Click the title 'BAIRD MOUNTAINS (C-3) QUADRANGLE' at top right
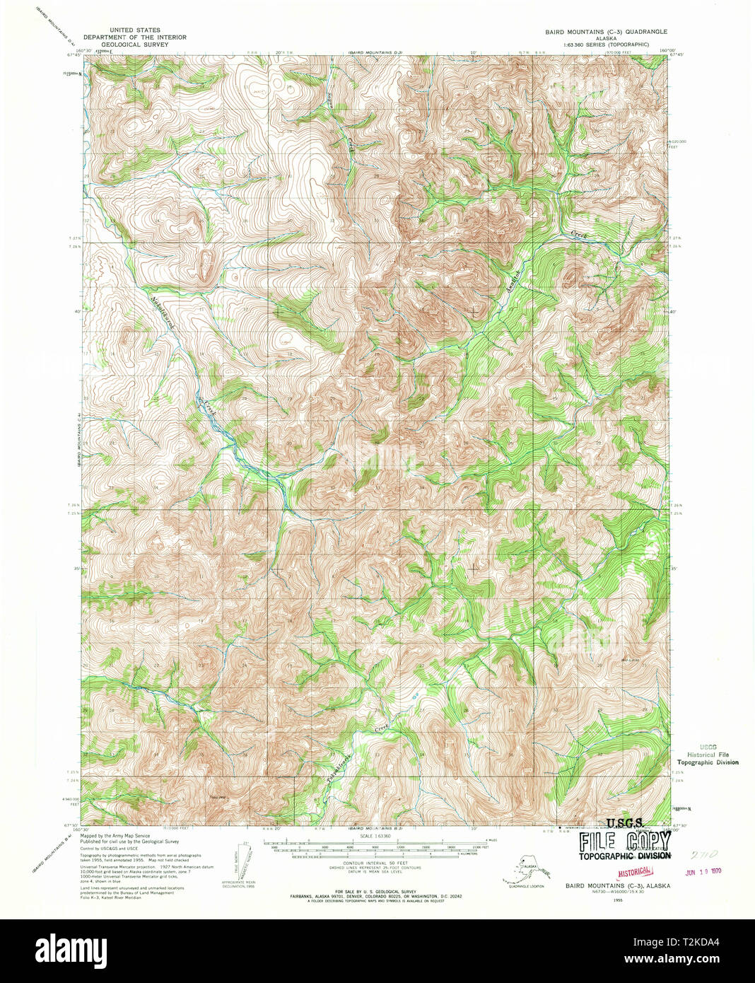pos(605,32)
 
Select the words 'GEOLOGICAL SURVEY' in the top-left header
pos(134,44)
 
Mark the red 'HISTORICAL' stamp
pos(634,873)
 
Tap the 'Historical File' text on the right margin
pos(707,755)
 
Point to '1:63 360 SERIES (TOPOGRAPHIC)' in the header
pos(605,45)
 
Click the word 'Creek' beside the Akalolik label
pos(580,233)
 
